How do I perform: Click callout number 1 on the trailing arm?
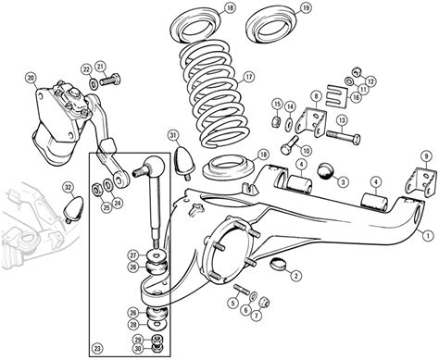tap(424, 223)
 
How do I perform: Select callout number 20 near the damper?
tap(31, 77)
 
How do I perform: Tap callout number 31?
tap(172, 136)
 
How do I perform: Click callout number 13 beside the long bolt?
tap(342, 119)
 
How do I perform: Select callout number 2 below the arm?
tap(295, 275)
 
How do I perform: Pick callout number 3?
tap(343, 182)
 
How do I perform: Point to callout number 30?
tap(138, 349)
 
